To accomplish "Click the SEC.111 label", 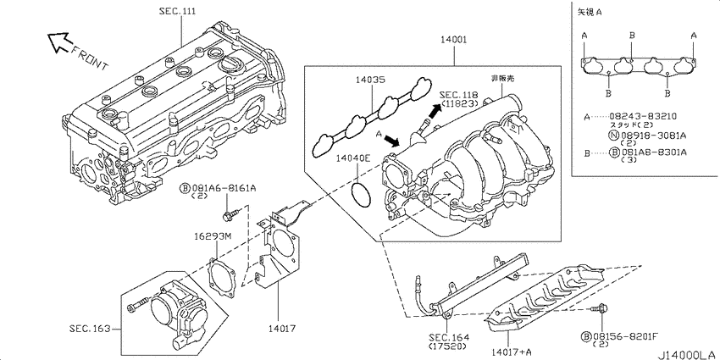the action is click(177, 12).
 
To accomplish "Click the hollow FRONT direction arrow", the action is click(58, 42).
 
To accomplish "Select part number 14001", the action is click(454, 40).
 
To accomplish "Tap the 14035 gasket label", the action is click(371, 80).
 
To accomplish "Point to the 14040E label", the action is click(352, 159).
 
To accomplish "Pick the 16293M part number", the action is click(212, 237).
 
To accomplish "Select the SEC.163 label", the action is click(90, 329).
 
